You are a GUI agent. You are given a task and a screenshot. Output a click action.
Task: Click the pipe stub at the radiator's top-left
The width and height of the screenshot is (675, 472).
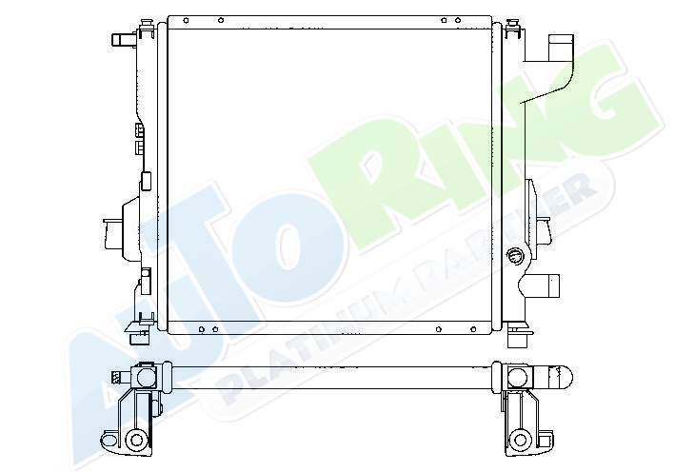click(x=124, y=40)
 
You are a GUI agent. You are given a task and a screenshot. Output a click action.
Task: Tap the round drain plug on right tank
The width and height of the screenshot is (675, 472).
click(x=514, y=256)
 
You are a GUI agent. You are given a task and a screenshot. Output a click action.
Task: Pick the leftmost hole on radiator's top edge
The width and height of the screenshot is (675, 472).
click(x=186, y=20)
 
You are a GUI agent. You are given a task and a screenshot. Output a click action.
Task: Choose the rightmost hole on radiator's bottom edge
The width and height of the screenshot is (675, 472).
click(x=473, y=329)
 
